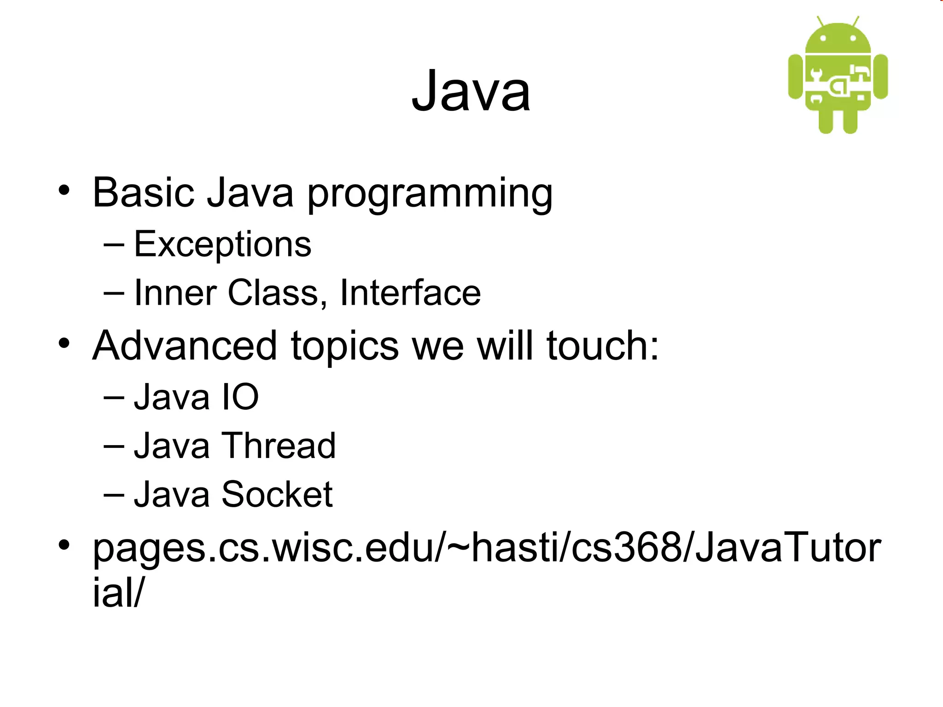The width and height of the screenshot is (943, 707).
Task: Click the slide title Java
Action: click(471, 91)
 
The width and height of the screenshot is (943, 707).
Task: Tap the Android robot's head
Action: click(838, 39)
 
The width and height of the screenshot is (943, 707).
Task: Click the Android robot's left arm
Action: click(796, 76)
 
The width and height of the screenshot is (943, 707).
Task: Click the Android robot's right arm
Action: click(880, 76)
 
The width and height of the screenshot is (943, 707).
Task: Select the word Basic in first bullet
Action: click(143, 192)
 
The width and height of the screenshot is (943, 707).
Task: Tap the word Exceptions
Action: click(222, 244)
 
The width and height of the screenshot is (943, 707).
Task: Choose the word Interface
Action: click(410, 293)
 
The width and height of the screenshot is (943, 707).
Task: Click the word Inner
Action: click(175, 293)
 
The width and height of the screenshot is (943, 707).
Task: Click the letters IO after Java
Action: click(240, 397)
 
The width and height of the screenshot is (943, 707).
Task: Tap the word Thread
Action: click(279, 446)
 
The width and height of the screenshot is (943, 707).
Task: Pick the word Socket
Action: click(277, 494)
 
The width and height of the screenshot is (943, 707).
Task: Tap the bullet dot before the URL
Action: click(64, 545)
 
